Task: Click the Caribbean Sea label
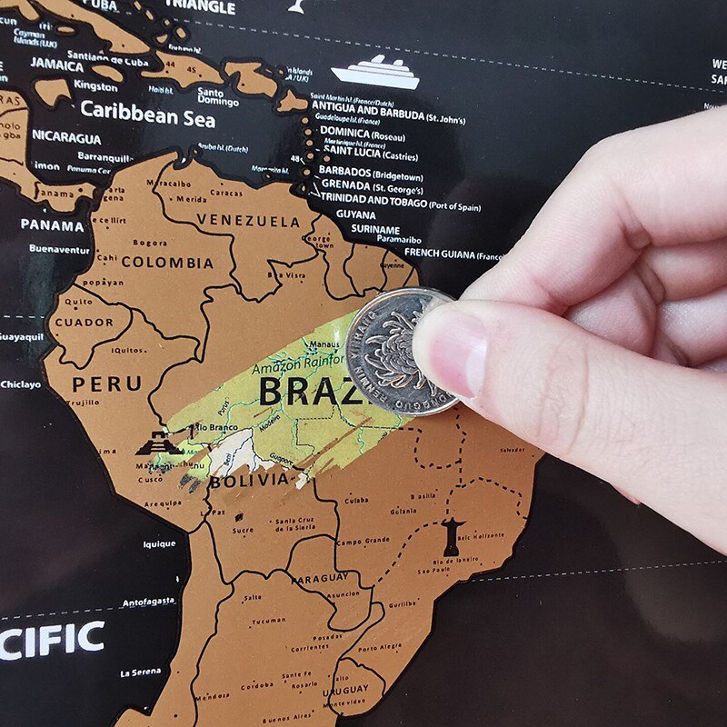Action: click(x=147, y=112)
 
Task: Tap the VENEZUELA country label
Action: click(x=247, y=221)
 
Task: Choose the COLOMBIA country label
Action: click(x=167, y=263)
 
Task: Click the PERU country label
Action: click(x=107, y=383)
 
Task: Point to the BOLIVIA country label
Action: click(x=248, y=480)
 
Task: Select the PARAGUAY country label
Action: click(x=318, y=578)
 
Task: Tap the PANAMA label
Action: click(x=52, y=224)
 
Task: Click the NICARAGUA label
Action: click(x=66, y=138)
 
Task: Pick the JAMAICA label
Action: click(x=56, y=65)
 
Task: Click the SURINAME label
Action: click(x=375, y=229)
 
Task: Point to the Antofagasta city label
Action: click(x=147, y=603)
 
